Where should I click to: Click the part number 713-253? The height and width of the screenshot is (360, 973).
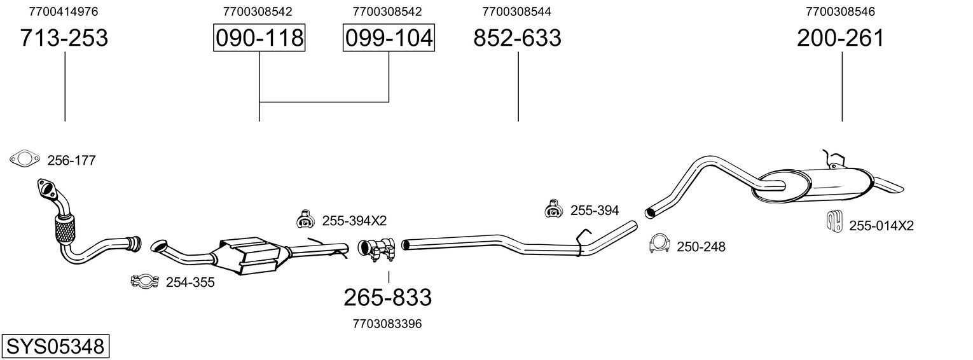click(64, 38)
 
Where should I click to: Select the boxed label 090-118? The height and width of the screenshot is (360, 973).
click(259, 38)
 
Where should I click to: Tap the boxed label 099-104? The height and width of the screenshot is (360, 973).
click(389, 38)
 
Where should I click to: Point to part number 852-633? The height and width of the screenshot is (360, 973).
click(517, 38)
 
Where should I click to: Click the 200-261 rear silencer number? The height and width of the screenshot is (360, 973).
click(840, 38)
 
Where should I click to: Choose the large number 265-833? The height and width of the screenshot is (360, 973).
click(387, 297)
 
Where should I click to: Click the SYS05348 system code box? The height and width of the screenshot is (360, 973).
click(55, 347)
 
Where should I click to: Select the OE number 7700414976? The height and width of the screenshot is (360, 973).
click(64, 11)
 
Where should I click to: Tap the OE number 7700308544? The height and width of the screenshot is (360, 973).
click(516, 11)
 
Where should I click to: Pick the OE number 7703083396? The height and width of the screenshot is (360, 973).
click(387, 324)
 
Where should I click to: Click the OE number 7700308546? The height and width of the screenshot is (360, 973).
click(840, 11)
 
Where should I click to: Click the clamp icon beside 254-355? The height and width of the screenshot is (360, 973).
click(144, 281)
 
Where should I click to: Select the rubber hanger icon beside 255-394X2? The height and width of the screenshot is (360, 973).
click(305, 219)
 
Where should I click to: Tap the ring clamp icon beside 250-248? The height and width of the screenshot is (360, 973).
click(660, 244)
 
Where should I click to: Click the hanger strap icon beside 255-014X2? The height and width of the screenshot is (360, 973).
click(834, 221)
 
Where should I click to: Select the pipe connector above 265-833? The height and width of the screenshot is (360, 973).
click(377, 249)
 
